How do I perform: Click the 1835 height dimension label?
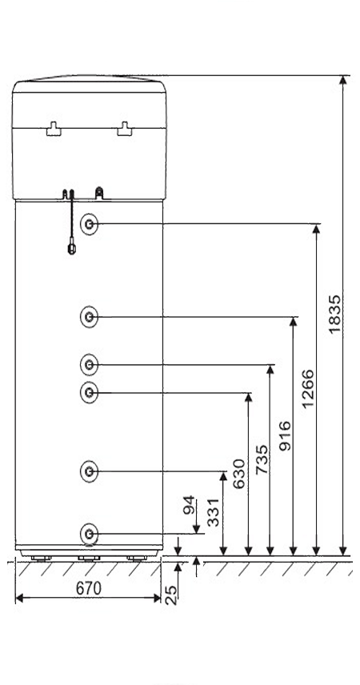pos(334,314)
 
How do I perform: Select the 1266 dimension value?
pos(307,388)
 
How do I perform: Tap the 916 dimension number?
pos(285,435)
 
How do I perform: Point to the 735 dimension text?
pos(262,459)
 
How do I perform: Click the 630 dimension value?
pos(239,474)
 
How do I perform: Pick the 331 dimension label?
pos(214,512)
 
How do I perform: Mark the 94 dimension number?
pos(189,505)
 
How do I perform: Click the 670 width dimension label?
pos(88,588)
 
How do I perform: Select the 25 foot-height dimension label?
pos(172,595)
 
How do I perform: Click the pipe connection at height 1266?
pos(89,224)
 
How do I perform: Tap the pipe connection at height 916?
pos(89,317)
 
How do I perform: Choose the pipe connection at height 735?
pos(89,364)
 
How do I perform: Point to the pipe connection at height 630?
pos(89,392)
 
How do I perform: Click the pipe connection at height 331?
pos(89,471)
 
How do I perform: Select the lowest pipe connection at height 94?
pos(89,534)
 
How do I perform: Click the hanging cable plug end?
pos(72,249)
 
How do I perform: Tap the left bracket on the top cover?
pos(54,129)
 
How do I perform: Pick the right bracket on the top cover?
pos(125,129)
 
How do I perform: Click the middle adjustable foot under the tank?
pos(89,558)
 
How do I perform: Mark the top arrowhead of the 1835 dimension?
pos(343,79)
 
